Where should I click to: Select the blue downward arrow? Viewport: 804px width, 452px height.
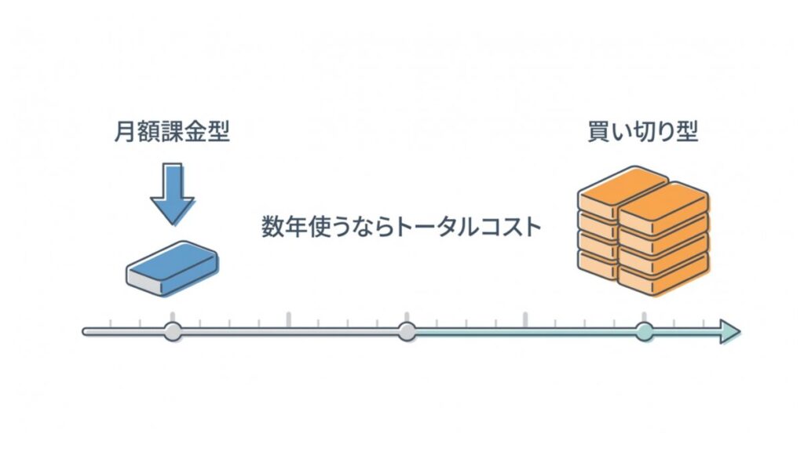[x=172, y=193]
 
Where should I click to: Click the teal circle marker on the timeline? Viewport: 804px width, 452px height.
[x=644, y=332]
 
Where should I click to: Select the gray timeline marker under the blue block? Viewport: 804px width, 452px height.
[x=173, y=332]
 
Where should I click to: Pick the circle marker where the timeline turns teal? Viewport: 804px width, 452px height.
[x=407, y=332]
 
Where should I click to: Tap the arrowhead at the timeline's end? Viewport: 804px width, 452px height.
[x=730, y=332]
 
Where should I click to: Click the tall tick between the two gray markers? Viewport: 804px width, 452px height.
[x=289, y=320]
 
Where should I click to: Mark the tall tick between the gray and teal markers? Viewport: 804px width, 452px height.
[x=524, y=320]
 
